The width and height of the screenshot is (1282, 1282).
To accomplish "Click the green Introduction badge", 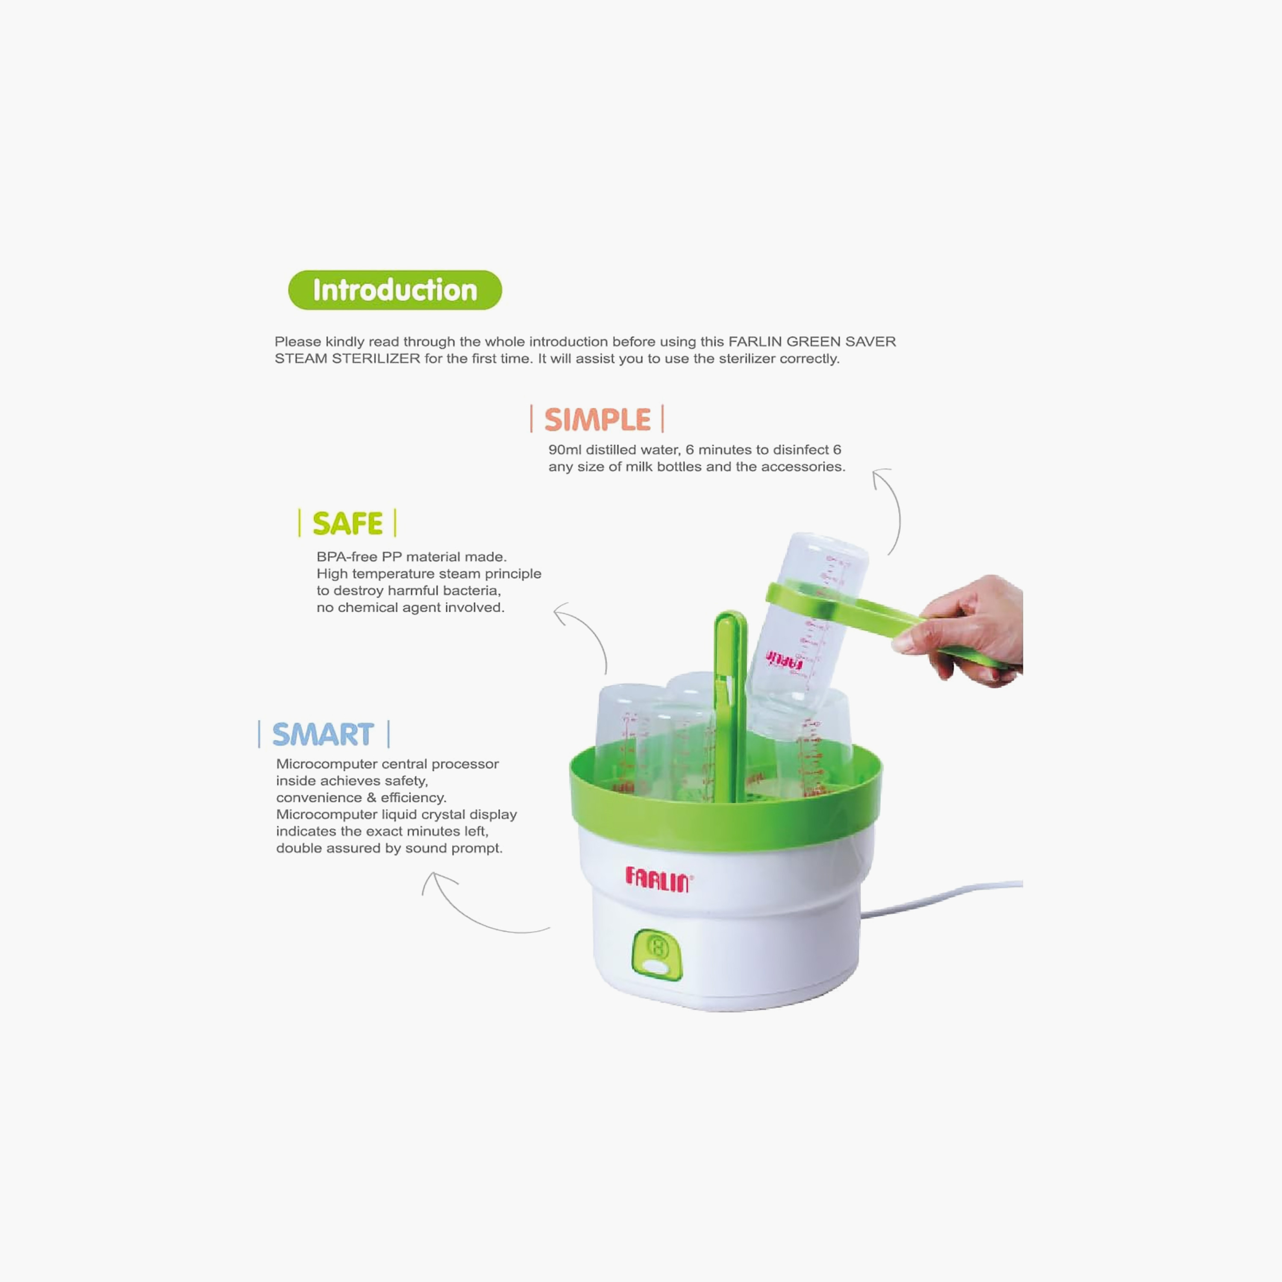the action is click(395, 290).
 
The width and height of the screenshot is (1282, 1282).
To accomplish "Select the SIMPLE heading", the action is click(597, 419).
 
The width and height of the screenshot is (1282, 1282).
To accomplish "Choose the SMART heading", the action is click(323, 735).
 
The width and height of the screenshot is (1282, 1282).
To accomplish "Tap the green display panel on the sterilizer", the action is click(657, 954).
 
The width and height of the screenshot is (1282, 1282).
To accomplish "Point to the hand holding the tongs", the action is click(962, 630).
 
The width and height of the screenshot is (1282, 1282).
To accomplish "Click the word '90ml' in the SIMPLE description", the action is click(565, 450).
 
